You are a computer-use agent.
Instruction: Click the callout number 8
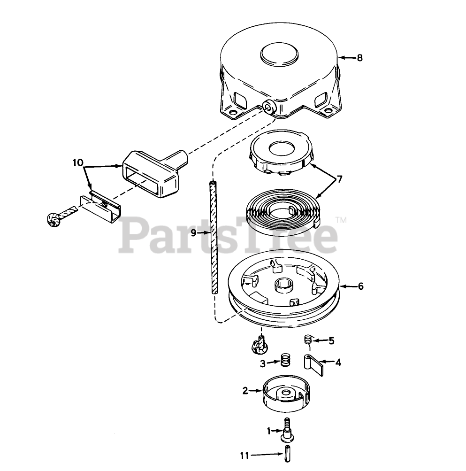tap(359, 58)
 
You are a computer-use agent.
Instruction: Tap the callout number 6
tap(360, 286)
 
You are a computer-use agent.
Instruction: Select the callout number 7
tap(339, 179)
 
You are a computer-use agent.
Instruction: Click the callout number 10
tap(78, 162)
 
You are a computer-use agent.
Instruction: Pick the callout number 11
tap(244, 455)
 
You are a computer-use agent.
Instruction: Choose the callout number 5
tap(331, 341)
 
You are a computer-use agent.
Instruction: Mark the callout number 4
tap(337, 362)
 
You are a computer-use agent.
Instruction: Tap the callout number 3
tap(263, 363)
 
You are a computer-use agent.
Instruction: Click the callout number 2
tap(245, 390)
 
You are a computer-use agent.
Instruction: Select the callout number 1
tap(269, 430)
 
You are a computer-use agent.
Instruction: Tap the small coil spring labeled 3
tap(285, 361)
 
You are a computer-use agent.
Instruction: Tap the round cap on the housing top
tap(280, 55)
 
